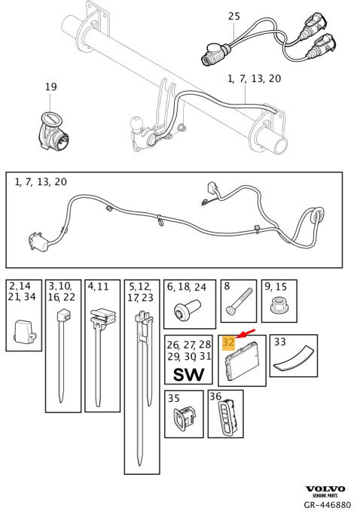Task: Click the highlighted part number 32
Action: tap(228, 343)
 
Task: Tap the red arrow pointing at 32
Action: tap(246, 333)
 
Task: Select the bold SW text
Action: tap(188, 375)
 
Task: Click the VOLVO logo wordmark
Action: tap(325, 489)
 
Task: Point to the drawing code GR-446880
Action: tap(328, 505)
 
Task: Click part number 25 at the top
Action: tap(233, 16)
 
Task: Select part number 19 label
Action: tap(51, 87)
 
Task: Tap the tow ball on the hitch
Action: tap(135, 124)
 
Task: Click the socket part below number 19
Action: tap(51, 131)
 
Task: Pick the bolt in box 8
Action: tap(239, 301)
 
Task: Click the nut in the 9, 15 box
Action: tap(279, 306)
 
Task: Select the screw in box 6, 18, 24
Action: tap(188, 308)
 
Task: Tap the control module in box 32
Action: tap(242, 358)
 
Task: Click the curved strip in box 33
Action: tap(294, 358)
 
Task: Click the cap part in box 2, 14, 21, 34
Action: tap(24, 331)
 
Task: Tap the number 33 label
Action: tap(279, 342)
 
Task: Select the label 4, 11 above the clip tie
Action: tap(98, 287)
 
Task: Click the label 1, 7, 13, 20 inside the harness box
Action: tap(41, 181)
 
